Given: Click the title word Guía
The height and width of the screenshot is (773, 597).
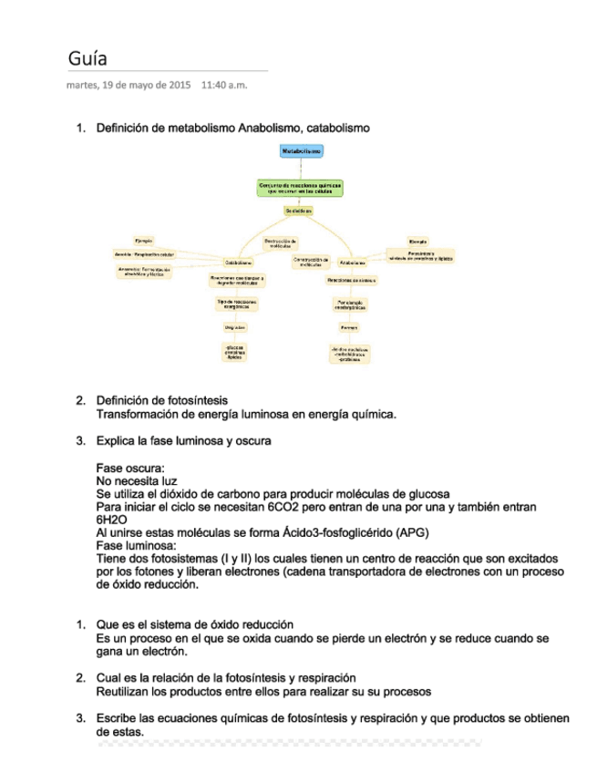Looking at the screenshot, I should pyautogui.click(x=87, y=58).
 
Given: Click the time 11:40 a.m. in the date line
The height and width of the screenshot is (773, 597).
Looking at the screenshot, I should pyautogui.click(x=223, y=86).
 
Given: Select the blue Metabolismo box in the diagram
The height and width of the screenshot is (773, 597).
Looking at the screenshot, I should pyautogui.click(x=300, y=149).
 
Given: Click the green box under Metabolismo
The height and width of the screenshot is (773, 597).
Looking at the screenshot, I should pyautogui.click(x=300, y=188).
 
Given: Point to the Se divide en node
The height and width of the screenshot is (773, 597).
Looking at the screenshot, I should pyautogui.click(x=298, y=211).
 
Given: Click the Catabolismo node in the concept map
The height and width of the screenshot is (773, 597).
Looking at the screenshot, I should pyautogui.click(x=239, y=263).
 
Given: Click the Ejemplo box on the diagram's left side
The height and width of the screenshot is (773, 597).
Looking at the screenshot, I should pyautogui.click(x=144, y=240).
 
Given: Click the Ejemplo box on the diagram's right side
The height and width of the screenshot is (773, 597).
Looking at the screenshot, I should pyautogui.click(x=418, y=241).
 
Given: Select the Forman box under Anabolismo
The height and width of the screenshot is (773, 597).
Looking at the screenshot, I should pyautogui.click(x=349, y=326).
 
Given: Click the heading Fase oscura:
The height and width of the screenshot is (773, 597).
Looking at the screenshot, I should pyautogui.click(x=130, y=469).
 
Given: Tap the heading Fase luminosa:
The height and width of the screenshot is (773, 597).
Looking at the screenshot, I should pyautogui.click(x=136, y=545).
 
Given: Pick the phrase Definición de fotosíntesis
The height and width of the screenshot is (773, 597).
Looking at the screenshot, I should pyautogui.click(x=162, y=400).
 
